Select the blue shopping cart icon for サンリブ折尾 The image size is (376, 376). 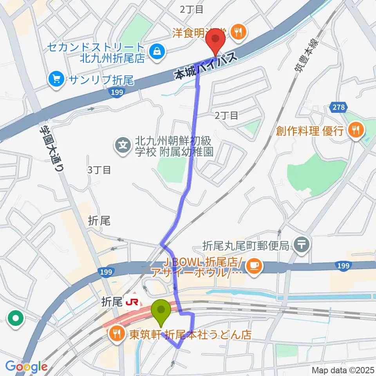click(56, 80)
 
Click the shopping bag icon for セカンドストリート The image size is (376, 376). click(157, 50)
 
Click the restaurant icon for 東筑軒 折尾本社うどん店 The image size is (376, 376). click(117, 334)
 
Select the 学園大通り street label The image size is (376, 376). click(52, 143)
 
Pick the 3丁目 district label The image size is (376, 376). click(99, 170)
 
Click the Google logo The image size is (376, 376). click(26, 367)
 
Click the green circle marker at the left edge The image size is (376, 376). click(16, 318)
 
